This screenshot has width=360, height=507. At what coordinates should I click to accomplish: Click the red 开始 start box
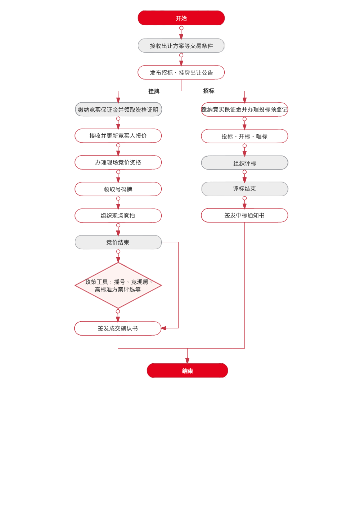(181, 18)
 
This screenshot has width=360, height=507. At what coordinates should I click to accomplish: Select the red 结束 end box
(187, 371)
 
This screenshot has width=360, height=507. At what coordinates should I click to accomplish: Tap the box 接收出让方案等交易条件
(181, 46)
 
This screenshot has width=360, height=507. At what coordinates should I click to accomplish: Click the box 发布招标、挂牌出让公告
(181, 73)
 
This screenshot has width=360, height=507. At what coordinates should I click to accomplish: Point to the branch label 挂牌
(154, 91)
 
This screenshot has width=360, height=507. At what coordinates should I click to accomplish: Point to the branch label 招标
(209, 91)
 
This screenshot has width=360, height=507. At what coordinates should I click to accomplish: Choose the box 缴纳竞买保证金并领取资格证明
(118, 110)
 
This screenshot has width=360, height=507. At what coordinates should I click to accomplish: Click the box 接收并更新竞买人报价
(118, 136)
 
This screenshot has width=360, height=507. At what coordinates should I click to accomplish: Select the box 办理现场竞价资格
(118, 162)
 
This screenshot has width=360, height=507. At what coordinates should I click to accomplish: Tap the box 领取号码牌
(118, 189)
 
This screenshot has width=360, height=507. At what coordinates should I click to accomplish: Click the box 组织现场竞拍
(118, 216)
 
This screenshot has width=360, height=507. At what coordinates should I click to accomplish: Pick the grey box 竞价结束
(118, 242)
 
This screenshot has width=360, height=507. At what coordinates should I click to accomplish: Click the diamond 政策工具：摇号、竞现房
(118, 286)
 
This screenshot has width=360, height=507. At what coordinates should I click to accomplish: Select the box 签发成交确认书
(118, 328)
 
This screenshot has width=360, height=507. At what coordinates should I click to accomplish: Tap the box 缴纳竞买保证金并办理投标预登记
(244, 109)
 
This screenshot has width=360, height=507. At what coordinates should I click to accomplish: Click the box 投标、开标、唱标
(244, 136)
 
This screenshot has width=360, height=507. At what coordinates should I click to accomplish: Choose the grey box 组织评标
(244, 163)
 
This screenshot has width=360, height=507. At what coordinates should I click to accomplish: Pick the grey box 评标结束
(244, 189)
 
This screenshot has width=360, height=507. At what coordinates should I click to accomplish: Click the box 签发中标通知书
(244, 215)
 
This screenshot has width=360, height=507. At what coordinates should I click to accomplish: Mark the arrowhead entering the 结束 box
(187, 360)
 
